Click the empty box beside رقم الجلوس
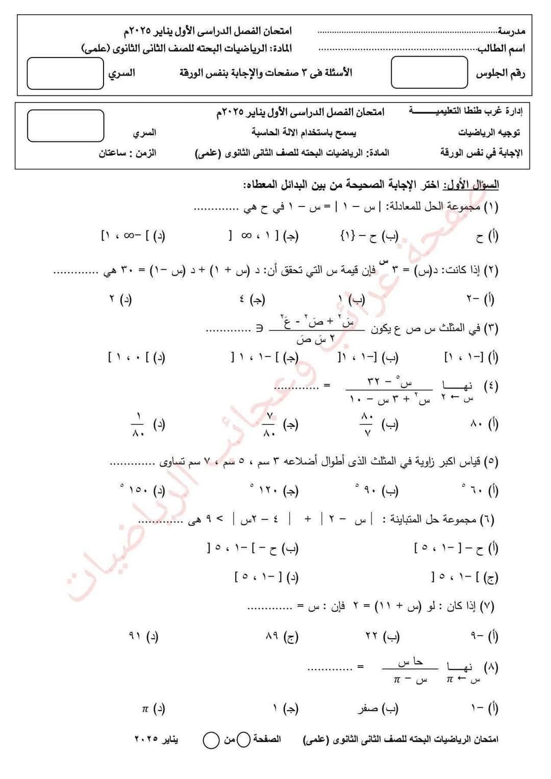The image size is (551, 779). click(x=429, y=72)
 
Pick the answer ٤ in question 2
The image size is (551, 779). click(x=242, y=299)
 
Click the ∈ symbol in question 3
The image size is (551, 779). click(x=259, y=329)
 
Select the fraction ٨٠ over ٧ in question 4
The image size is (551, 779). click(x=367, y=424)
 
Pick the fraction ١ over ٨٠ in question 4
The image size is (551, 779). click(x=138, y=424)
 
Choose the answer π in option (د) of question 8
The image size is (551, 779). click(x=145, y=708)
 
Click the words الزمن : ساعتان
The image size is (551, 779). click(x=128, y=152)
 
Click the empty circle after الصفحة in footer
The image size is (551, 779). click(x=244, y=739)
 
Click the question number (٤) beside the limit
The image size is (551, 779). click(x=490, y=386)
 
